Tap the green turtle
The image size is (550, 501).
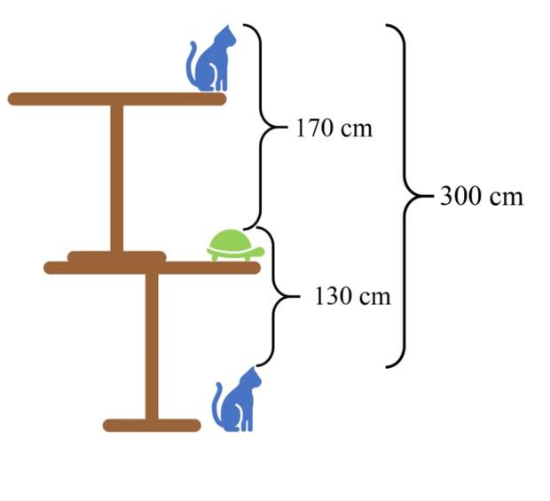tap(234, 247)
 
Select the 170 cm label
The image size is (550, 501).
tap(334, 129)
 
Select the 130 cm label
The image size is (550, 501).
tap(352, 296)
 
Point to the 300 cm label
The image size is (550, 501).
tap(481, 196)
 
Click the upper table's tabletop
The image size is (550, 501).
tap(117, 99)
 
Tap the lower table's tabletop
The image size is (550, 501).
tap(152, 268)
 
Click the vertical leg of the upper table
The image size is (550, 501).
tap(117, 178)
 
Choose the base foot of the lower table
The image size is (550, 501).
tap(152, 426)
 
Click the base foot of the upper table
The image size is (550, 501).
tap(117, 256)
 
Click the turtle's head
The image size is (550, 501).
tap(259, 251)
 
